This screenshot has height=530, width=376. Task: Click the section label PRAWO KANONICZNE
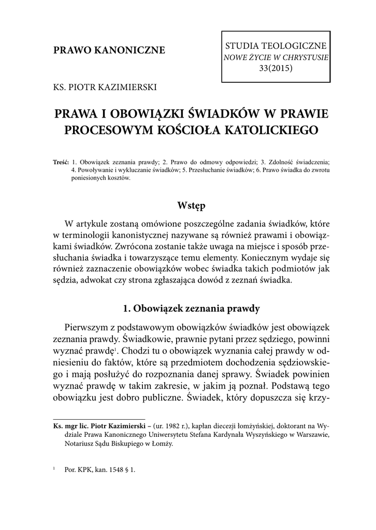(109, 50)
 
